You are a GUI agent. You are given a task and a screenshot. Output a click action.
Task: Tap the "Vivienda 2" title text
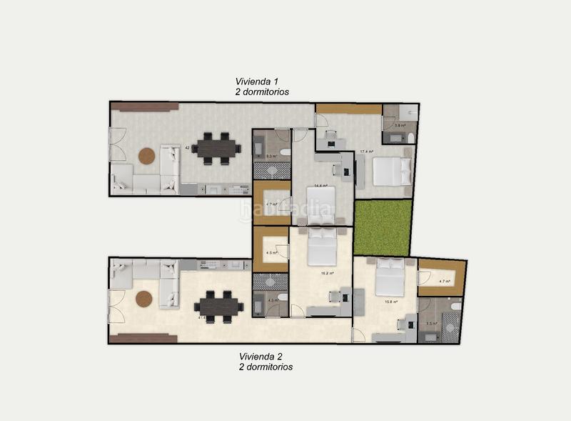(264, 356)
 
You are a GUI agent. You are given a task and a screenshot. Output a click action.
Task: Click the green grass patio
(383, 227)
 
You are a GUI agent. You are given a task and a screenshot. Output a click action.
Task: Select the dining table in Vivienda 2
(218, 306)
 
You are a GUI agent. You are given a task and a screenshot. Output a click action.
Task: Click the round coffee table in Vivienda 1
(147, 156)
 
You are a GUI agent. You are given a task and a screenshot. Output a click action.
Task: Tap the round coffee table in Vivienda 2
(145, 299)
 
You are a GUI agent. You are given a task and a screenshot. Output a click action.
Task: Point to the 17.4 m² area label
(367, 152)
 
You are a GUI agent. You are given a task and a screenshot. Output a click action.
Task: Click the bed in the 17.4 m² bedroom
(392, 172)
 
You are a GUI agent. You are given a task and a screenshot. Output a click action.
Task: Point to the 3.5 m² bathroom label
(431, 323)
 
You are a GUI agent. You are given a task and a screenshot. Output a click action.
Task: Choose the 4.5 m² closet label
(271, 252)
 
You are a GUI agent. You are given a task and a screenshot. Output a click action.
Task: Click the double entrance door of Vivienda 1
(117, 144)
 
